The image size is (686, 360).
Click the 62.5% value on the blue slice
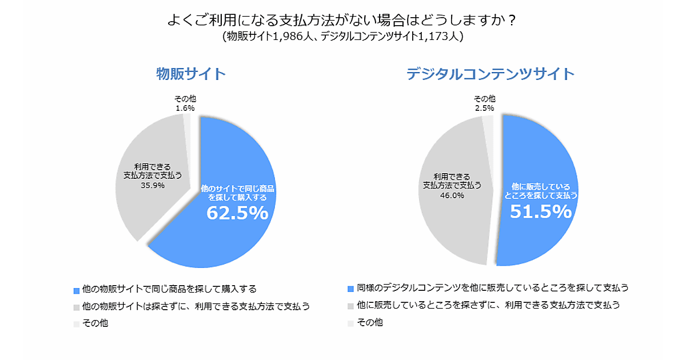click(237, 213)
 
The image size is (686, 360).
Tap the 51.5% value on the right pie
click(540, 212)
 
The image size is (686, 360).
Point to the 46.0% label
click(452, 195)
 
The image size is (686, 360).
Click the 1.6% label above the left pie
click(185, 107)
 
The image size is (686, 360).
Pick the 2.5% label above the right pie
click(485, 107)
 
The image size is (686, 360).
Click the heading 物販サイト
click(191, 74)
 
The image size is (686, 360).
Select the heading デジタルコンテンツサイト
click(490, 74)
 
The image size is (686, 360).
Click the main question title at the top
click(342, 21)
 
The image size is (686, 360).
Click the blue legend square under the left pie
click(77, 289)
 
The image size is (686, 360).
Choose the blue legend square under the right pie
click(351, 289)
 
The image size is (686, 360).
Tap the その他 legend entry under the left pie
click(95, 323)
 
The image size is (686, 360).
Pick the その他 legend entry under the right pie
click(370, 322)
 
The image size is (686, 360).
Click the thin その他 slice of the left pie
click(187, 129)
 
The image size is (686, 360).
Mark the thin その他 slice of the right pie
click(488, 131)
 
